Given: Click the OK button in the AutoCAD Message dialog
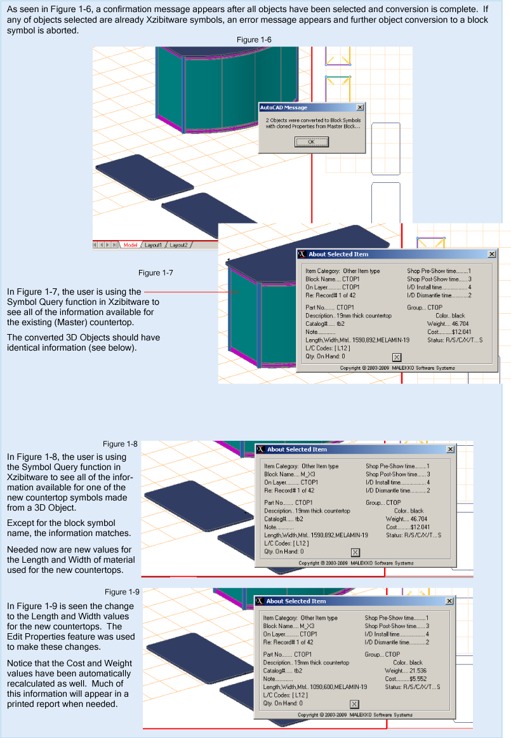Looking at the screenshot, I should [x=310, y=142].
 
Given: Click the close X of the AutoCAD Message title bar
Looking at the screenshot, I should [x=360, y=107].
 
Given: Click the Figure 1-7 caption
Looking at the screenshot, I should [x=156, y=272].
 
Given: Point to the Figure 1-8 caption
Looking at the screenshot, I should [x=120, y=444].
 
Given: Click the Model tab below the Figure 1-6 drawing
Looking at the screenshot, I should [x=130, y=245].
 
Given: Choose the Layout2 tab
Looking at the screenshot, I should [x=178, y=245].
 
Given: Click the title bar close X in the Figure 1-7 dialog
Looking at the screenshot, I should [x=491, y=254].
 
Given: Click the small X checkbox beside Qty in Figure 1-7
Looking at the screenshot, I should [x=396, y=357].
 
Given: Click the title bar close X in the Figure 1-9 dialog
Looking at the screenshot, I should [x=449, y=601].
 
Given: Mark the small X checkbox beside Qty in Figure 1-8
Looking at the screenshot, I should [x=355, y=552].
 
